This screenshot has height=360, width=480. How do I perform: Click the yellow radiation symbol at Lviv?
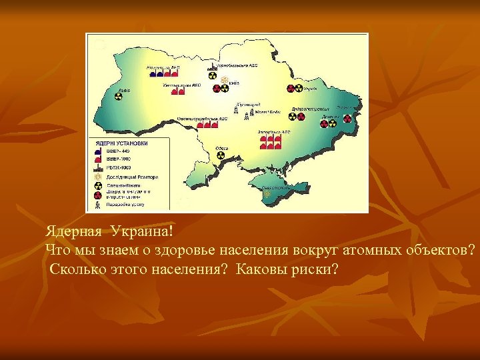(119, 97)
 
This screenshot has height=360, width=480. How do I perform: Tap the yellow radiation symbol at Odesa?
(221, 155)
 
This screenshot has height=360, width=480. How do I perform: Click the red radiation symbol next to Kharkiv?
(291, 89)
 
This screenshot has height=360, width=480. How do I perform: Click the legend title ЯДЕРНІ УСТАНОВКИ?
(119, 143)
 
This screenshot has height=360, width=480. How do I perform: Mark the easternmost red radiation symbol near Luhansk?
(347, 119)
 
